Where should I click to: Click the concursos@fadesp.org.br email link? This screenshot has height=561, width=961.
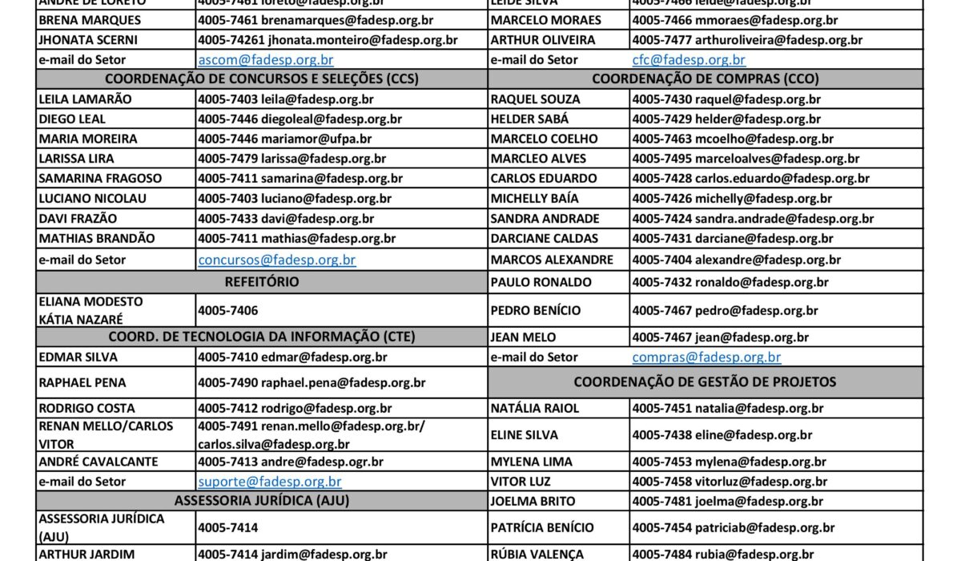tap(277, 260)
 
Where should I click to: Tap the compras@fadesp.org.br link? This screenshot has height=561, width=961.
tap(706, 357)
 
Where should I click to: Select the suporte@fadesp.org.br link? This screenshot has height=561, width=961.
tap(270, 482)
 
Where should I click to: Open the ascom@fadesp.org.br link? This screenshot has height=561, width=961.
tap(266, 59)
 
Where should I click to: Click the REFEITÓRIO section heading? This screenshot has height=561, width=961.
tap(262, 282)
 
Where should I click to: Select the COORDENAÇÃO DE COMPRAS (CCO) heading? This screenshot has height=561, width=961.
tap(705, 79)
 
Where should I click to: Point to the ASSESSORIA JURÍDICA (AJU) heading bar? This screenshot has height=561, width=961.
tap(262, 501)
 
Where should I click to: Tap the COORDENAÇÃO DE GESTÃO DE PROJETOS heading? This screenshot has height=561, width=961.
tap(705, 381)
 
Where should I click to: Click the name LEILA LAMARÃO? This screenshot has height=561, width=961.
tap(86, 99)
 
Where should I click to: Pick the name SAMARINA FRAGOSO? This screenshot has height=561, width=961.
tap(100, 179)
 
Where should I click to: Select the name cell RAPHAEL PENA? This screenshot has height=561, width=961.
tap(82, 383)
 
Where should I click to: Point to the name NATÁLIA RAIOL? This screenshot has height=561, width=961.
tap(534, 409)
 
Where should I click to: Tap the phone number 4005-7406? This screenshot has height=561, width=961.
tap(228, 309)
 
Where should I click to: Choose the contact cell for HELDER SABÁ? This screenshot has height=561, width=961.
tap(726, 119)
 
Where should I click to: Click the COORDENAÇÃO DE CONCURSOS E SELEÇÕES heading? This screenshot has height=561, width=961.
tap(262, 79)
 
